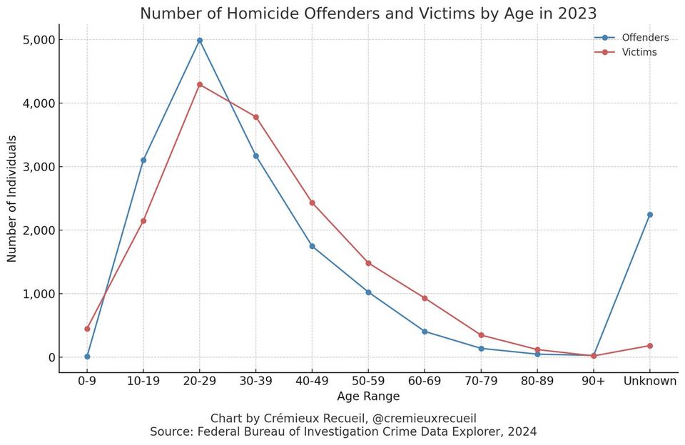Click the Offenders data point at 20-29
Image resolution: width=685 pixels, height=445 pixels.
200,41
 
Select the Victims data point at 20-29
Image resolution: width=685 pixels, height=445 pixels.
200,84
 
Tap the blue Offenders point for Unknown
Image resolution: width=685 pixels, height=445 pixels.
649,215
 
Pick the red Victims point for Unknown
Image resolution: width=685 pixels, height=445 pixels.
649,346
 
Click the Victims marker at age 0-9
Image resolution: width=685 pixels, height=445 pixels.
87,329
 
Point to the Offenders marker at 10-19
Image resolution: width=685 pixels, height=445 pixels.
143,160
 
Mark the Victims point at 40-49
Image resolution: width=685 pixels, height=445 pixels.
312,203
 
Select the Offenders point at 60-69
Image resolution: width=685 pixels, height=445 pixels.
425,332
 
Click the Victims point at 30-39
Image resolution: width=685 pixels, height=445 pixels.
255,117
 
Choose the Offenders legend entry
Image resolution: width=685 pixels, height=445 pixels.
644,38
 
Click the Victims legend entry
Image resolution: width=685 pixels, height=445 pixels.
639,52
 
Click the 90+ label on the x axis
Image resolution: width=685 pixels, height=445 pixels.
593,381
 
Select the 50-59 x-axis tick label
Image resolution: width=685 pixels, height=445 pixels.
368,381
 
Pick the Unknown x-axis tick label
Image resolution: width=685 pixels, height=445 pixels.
649,381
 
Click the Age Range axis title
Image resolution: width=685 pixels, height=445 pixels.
368,397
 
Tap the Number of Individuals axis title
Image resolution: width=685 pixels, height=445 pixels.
12,198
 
